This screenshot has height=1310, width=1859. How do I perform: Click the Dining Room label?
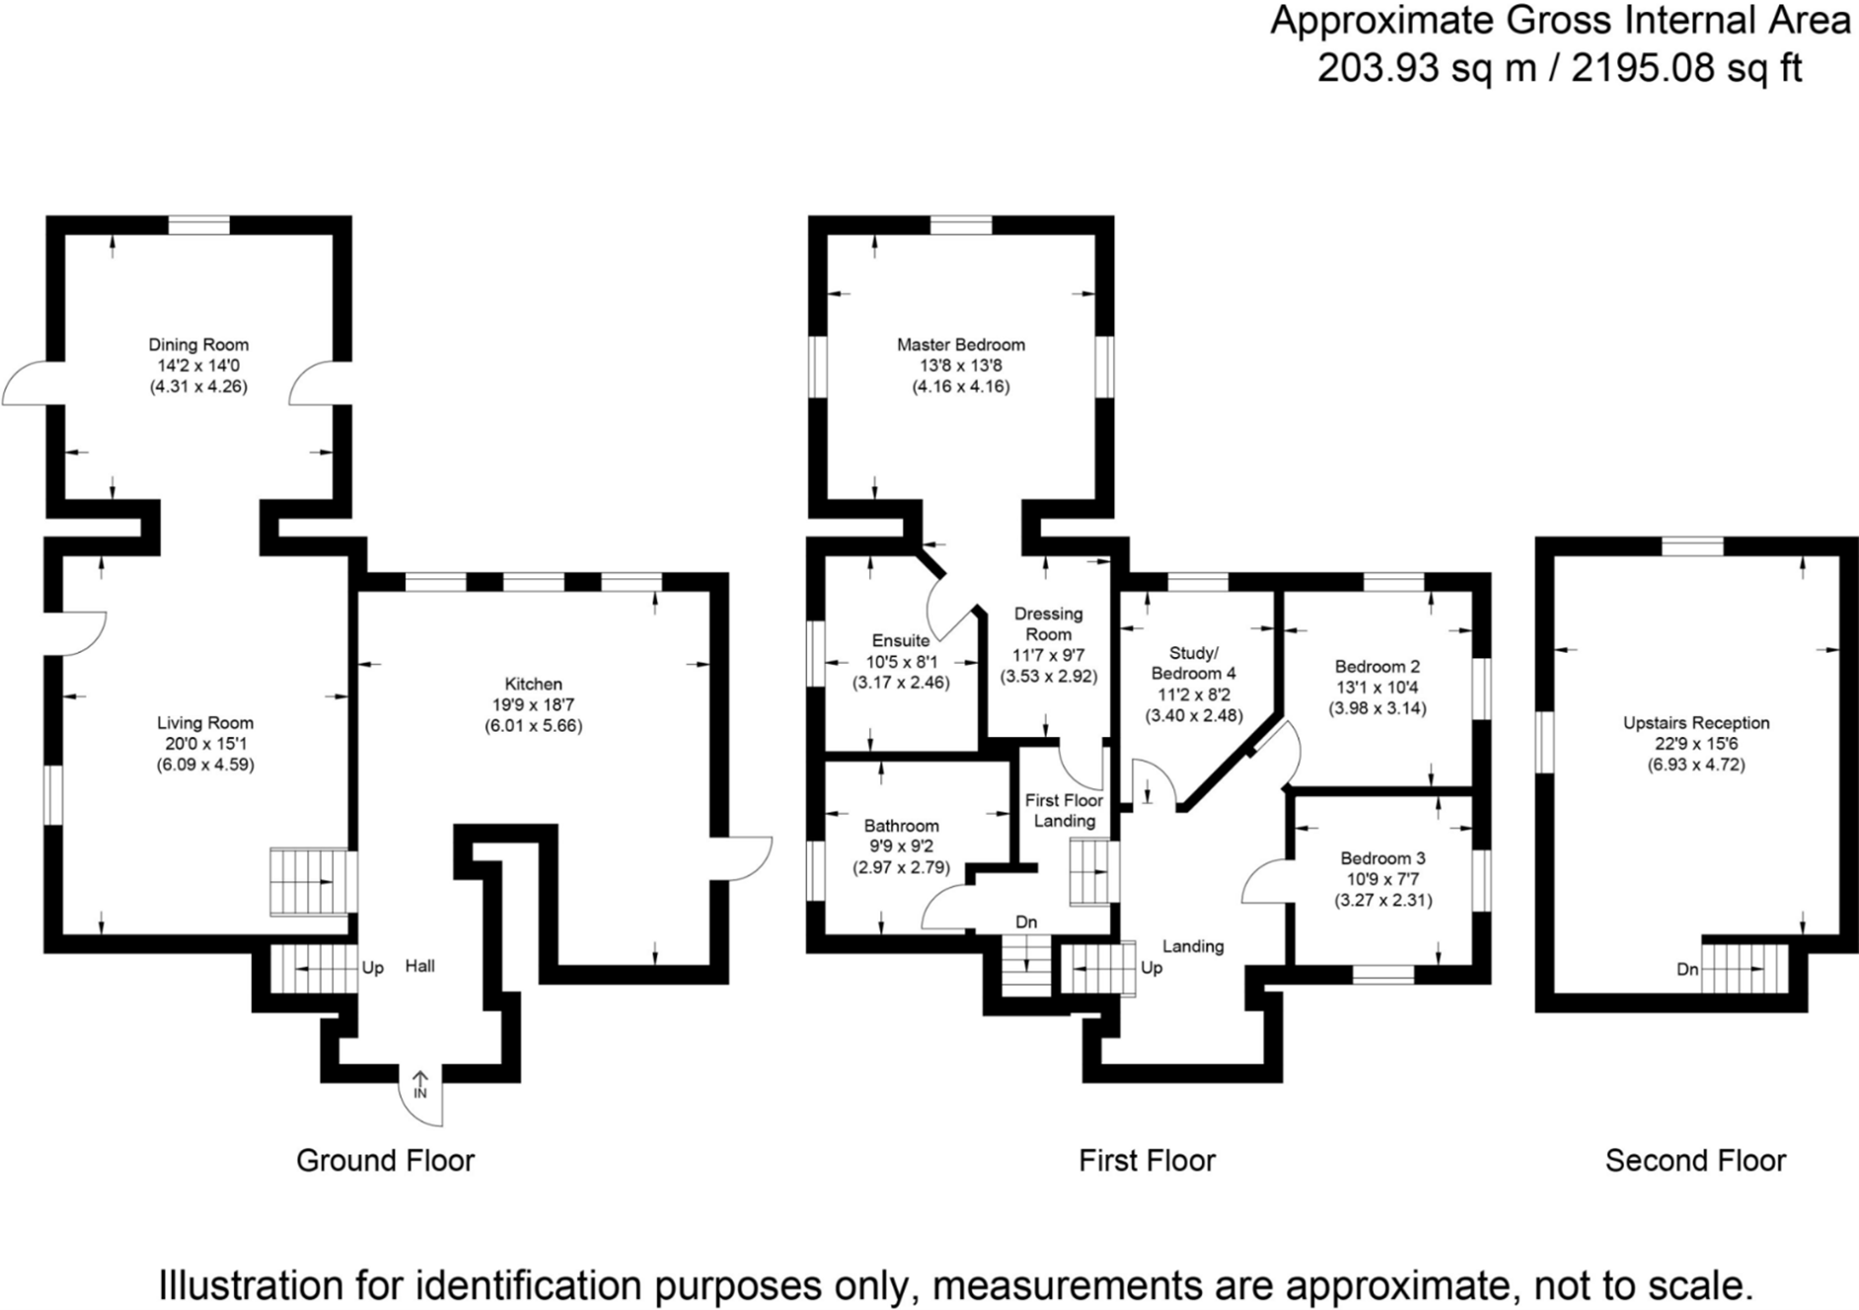[x=198, y=344]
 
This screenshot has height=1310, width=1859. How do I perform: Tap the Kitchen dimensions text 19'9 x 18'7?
[x=533, y=704]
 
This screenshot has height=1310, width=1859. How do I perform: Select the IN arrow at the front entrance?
[x=420, y=1085]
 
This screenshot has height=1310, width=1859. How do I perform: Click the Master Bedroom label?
[x=960, y=344]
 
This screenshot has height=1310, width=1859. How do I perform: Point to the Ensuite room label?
[x=900, y=640]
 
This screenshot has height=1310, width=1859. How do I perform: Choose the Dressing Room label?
[x=1048, y=623]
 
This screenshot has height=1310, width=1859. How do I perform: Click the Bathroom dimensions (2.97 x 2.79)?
[x=901, y=868]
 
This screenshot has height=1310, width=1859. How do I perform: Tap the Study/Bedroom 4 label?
[x=1193, y=663]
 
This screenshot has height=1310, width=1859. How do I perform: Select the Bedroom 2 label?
[x=1376, y=666]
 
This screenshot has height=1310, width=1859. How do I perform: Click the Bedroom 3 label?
[x=1382, y=858]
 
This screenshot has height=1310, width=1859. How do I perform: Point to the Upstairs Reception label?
[x=1695, y=722]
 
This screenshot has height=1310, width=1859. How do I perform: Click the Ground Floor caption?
[x=385, y=1160]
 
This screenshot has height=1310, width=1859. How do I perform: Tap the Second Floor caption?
[x=1694, y=1160]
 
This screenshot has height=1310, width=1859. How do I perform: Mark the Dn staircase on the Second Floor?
[x=1745, y=969]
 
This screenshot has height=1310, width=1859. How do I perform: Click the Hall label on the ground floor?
[x=419, y=966]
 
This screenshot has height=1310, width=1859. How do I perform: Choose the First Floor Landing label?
[x=1064, y=810]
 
